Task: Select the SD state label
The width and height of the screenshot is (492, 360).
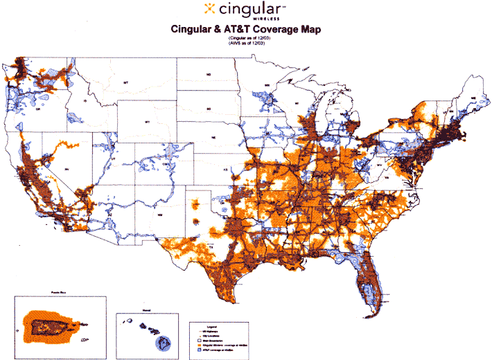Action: tap(207, 109)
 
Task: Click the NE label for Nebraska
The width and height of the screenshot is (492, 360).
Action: tap(214, 138)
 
